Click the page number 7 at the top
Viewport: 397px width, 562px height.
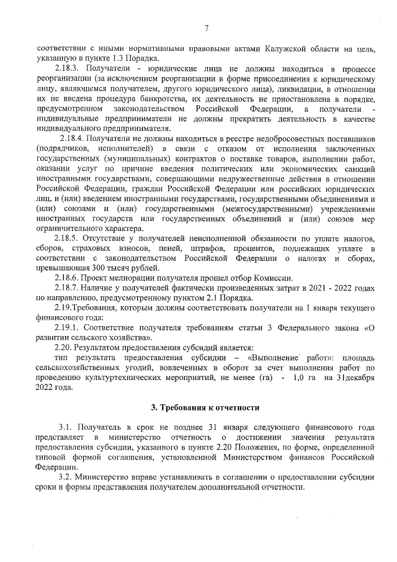click(206, 27)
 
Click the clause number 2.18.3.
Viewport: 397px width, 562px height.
click(68, 67)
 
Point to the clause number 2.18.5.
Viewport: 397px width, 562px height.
click(68, 240)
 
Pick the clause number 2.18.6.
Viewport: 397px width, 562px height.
click(68, 278)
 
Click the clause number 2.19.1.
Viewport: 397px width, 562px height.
click(68, 325)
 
